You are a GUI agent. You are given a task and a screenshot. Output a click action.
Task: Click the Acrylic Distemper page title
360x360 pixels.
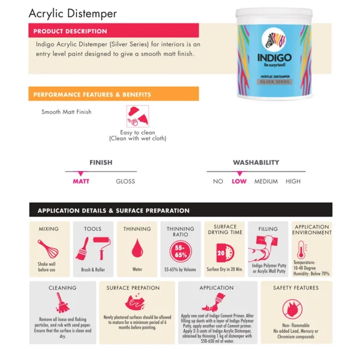pyautogui.click(x=73, y=13)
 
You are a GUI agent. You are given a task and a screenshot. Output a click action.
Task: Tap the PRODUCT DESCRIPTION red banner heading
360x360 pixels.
pyautogui.click(x=70, y=31)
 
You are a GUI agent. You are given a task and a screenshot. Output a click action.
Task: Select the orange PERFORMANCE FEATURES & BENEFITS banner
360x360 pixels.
pyautogui.click(x=92, y=94)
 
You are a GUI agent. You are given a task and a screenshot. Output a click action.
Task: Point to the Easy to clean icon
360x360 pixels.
pyautogui.click(x=137, y=116)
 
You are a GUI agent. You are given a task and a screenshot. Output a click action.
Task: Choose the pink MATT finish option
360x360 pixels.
pyautogui.click(x=81, y=181)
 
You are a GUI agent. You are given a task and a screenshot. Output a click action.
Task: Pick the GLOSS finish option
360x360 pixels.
pyautogui.click(x=125, y=181)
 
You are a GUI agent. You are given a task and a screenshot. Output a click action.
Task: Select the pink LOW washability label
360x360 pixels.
pyautogui.click(x=239, y=181)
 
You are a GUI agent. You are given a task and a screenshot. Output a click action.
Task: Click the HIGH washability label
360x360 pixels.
pyautogui.click(x=293, y=181)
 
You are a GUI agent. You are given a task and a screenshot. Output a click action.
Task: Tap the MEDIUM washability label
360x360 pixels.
pyautogui.click(x=266, y=181)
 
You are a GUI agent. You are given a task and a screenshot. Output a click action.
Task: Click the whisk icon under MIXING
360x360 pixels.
pyautogui.click(x=48, y=248)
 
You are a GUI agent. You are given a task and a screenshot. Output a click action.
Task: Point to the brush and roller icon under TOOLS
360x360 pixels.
pyautogui.click(x=92, y=248)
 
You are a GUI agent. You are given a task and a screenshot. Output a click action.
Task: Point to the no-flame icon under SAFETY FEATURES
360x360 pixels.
pyautogui.click(x=295, y=307)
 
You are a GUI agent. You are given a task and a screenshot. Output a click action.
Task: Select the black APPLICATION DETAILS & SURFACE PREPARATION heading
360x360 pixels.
pyautogui.click(x=113, y=211)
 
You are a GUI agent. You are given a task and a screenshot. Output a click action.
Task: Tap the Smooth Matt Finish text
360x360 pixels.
pyautogui.click(x=67, y=112)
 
